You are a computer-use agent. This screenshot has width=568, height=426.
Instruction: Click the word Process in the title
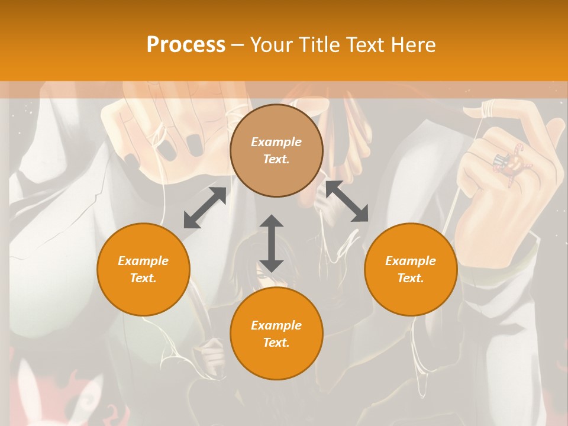[186, 45]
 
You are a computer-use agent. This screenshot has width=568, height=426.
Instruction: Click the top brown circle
[276, 150]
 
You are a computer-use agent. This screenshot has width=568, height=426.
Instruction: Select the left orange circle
[143, 269]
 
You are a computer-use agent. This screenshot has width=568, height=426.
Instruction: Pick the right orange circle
[411, 269]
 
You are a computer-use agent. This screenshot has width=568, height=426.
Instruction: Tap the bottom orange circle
[276, 334]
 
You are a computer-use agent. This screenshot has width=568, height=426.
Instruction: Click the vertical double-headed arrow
[272, 243]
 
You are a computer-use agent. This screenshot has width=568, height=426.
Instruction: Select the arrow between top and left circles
[205, 208]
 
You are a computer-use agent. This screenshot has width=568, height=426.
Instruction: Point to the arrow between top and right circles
[347, 201]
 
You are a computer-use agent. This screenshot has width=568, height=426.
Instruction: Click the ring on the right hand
[508, 163]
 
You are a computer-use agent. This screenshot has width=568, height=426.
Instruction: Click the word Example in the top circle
[276, 142]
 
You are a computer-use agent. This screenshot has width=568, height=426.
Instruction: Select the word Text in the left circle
[143, 278]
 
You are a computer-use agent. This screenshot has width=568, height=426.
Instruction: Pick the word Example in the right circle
[411, 261]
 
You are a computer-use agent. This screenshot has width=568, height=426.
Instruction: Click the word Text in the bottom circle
[276, 343]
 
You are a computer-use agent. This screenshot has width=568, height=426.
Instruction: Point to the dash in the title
[238, 46]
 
